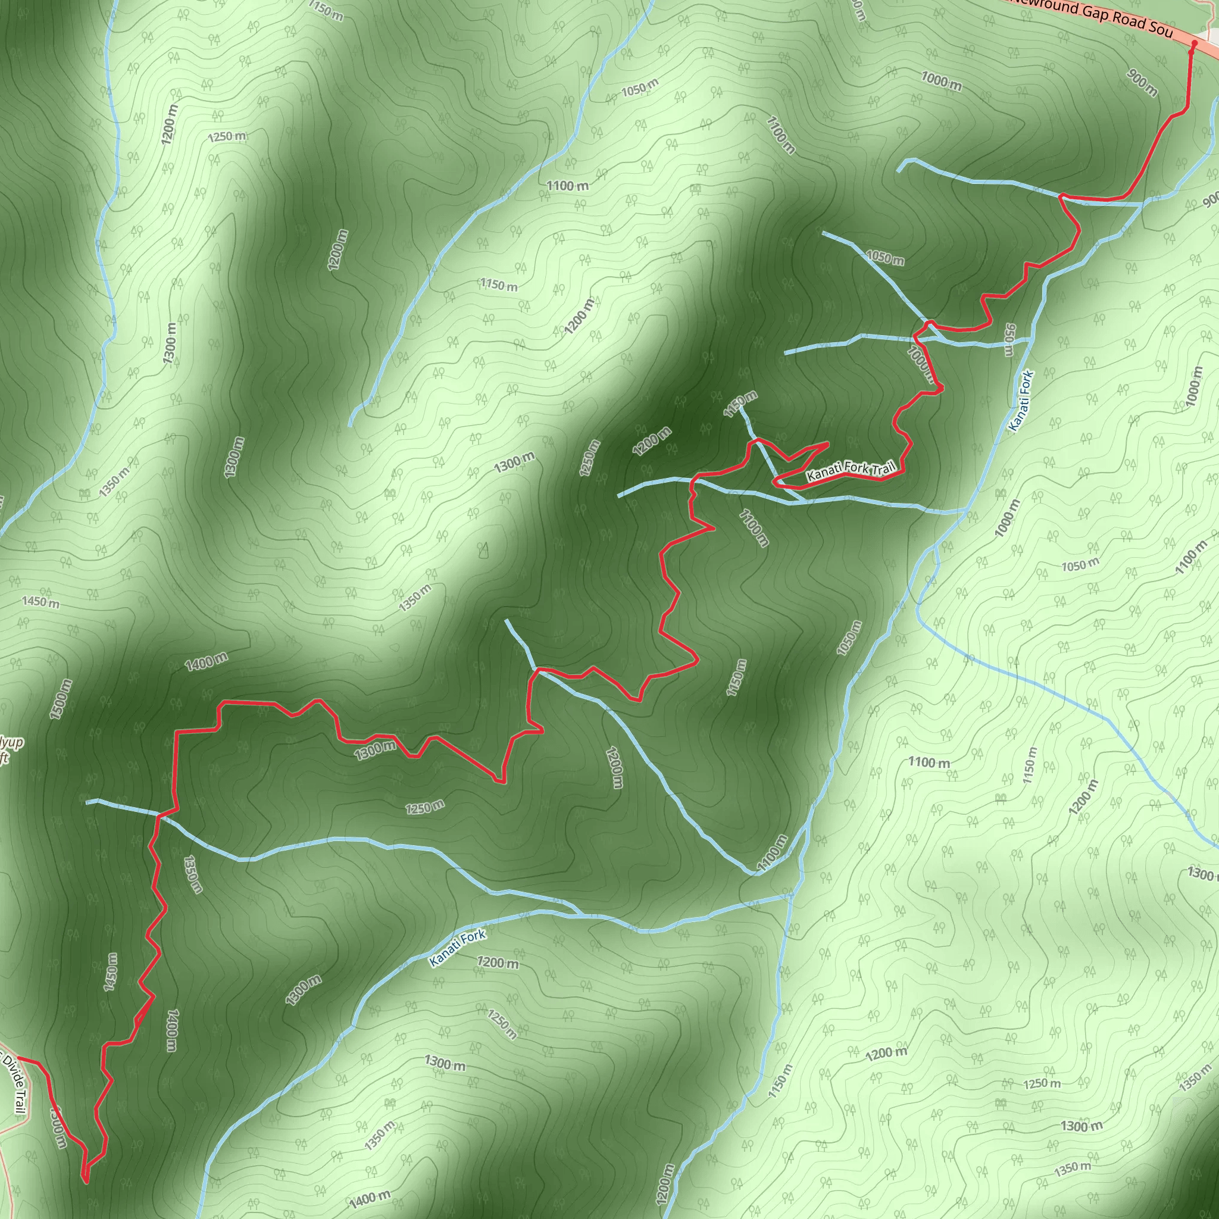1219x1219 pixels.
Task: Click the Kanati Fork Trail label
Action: (x=851, y=471)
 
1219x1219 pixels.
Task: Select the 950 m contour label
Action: (x=1009, y=339)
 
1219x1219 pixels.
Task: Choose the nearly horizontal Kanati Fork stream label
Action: (x=458, y=948)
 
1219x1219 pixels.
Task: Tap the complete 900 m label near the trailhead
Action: (x=1142, y=83)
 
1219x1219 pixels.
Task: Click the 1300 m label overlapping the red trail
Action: (x=375, y=751)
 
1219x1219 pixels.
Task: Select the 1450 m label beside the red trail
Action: (x=111, y=971)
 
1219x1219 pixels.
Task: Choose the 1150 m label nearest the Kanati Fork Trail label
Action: (x=740, y=404)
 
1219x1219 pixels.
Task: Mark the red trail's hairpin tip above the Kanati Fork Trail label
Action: (x=827, y=444)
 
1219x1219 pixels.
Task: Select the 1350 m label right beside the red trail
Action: (x=193, y=874)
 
